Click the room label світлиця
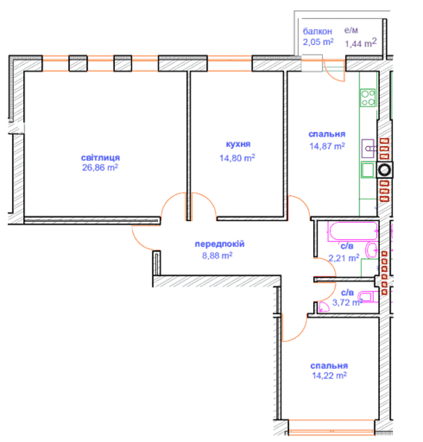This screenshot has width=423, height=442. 100,158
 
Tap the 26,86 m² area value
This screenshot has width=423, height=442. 100,167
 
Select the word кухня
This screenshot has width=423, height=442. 238,144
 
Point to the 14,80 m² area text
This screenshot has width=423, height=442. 237,158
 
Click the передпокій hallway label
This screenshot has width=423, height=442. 220,244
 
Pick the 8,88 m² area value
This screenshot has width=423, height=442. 217,255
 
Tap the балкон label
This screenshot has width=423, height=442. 317,31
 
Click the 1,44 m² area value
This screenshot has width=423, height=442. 361,43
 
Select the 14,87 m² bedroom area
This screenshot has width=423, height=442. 327,146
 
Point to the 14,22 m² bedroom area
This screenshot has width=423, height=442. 329,376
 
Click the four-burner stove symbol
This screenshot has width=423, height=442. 368,98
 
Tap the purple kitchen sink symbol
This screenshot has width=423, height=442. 368,148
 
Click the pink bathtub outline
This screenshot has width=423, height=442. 352,232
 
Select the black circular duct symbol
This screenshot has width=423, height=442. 384,170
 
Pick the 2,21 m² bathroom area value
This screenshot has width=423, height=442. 344,258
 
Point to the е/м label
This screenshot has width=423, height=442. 351,30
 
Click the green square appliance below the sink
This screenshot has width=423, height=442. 368,170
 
